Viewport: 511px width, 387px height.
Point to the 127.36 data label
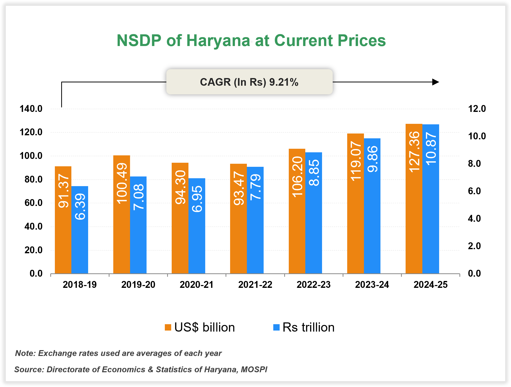point(414,152)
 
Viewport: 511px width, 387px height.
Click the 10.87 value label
point(431,149)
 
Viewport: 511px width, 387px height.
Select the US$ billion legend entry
point(200,327)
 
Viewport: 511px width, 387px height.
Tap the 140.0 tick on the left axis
point(31,109)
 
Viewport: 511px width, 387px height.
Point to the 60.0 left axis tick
point(34,203)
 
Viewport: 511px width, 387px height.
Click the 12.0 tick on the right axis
point(477,109)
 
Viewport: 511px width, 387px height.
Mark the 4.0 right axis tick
point(474,218)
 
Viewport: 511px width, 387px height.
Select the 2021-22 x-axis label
point(255,285)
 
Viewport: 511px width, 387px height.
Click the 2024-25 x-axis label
point(430,285)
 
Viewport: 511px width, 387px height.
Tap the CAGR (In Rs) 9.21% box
point(249,82)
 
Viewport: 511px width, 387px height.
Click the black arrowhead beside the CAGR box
point(435,82)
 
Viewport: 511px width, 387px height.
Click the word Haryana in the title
point(218,41)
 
